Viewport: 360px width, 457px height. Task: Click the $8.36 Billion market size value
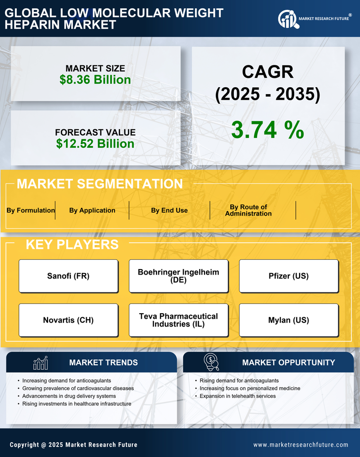pos(95,80)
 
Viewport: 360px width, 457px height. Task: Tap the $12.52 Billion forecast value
pos(95,144)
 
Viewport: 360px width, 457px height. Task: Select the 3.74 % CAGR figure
pos(267,130)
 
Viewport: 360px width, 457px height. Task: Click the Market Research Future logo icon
pos(287,19)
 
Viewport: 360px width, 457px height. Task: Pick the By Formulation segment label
pos(31,210)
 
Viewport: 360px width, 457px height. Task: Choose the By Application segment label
pos(92,210)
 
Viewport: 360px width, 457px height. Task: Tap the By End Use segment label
pos(169,210)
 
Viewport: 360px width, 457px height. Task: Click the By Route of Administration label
pos(248,210)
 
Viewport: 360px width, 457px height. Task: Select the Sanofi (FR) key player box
pos(68,276)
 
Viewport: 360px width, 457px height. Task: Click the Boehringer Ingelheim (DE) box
pos(178,276)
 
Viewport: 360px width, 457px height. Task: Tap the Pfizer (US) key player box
pos(289,276)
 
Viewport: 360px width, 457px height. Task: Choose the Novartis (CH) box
pos(68,320)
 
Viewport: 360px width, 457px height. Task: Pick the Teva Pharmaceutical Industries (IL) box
pos(178,320)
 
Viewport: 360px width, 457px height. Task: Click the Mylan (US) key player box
pos(289,320)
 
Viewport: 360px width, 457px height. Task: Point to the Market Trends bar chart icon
pos(40,363)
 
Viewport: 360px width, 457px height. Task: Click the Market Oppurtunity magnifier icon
pos(210,362)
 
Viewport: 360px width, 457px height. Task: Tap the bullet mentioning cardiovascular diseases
pos(78,388)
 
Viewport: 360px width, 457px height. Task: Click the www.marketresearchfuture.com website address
pos(301,445)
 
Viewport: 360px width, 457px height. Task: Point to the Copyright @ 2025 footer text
pos(73,445)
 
